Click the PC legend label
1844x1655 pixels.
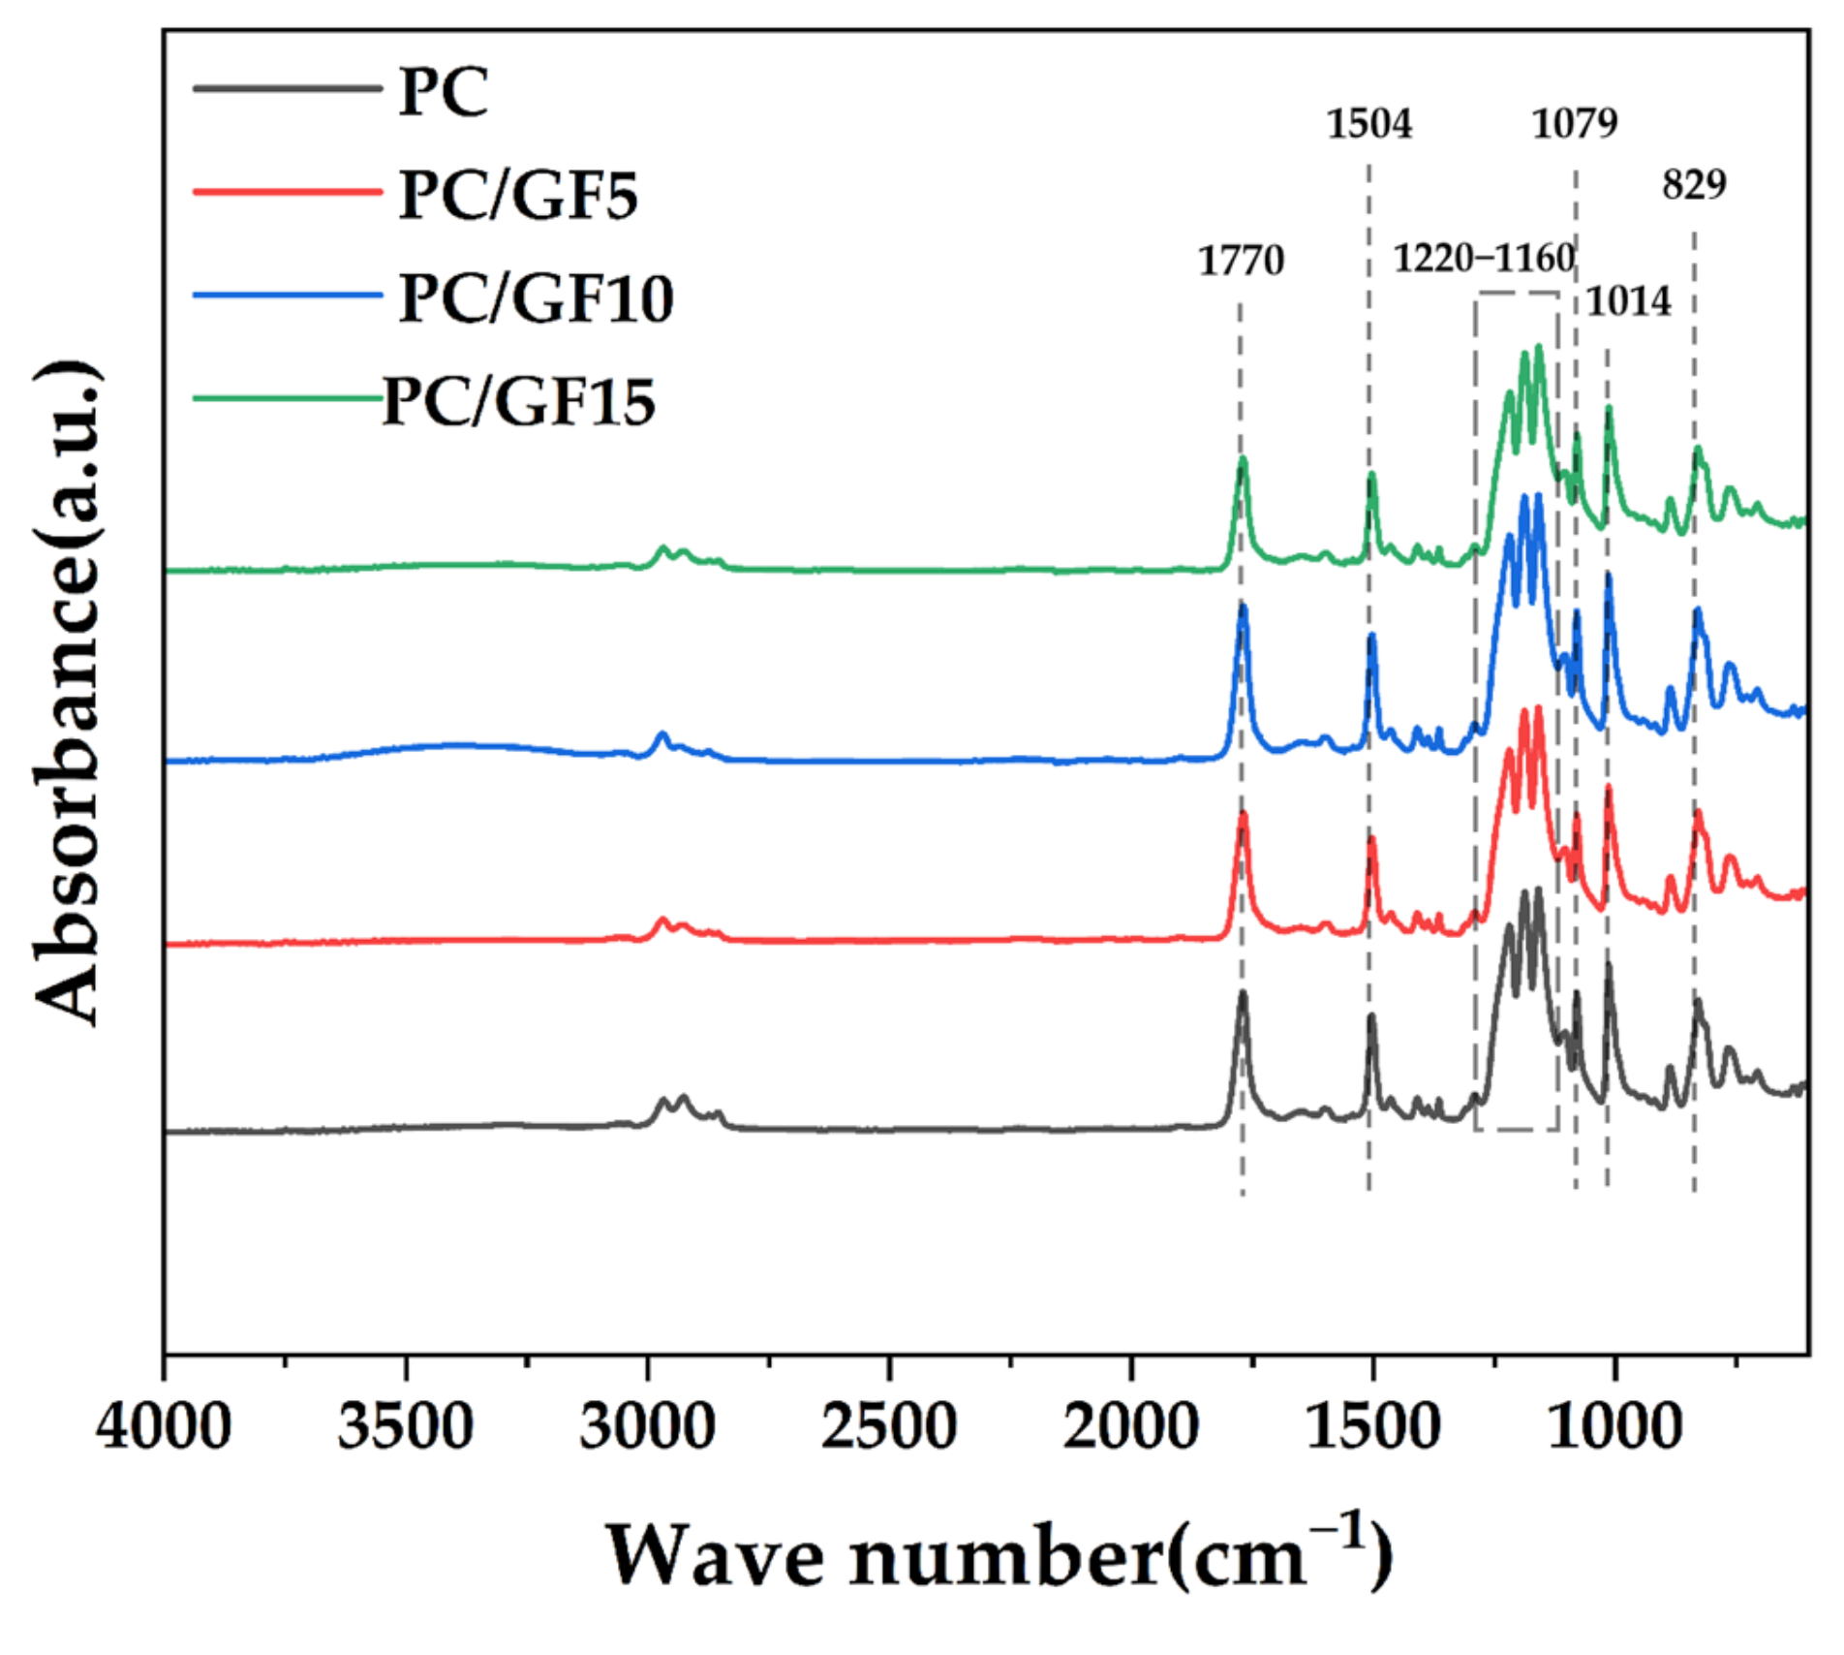click(444, 93)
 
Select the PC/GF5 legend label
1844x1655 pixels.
click(518, 196)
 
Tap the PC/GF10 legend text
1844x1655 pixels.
click(536, 298)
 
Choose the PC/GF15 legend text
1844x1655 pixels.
click(519, 401)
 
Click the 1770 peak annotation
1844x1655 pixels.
click(1241, 261)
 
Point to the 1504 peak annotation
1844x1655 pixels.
click(1368, 124)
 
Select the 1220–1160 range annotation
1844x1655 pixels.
click(1484, 259)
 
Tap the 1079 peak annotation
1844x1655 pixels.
click(1574, 123)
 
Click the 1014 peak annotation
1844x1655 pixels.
click(1628, 301)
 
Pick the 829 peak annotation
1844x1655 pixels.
click(1694, 184)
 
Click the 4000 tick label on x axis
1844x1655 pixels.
click(164, 1427)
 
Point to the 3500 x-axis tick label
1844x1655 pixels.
click(405, 1427)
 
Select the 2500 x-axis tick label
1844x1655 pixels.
click(888, 1427)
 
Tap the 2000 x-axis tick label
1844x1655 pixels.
click(1130, 1427)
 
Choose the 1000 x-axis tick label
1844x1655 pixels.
click(1613, 1427)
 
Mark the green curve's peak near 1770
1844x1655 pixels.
click(1243, 461)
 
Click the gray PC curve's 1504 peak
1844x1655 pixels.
click(1371, 1018)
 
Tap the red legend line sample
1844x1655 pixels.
click(288, 192)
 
